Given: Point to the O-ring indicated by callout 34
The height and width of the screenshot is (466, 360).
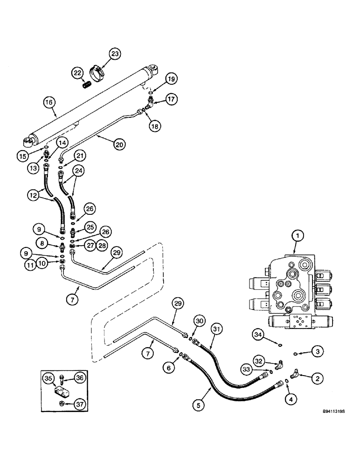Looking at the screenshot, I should point(279,345).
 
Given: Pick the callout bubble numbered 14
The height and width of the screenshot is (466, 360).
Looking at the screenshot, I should point(62,143).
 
